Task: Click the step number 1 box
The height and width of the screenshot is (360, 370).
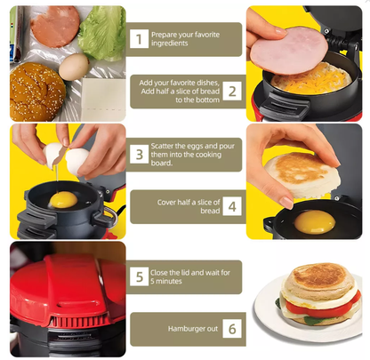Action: [139, 38]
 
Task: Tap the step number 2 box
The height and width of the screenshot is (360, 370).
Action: [231, 90]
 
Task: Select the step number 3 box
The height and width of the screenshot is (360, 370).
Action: [139, 154]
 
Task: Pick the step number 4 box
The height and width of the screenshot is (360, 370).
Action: [231, 205]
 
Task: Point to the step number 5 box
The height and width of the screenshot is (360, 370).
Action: [139, 276]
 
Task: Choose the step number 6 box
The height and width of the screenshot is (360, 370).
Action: [231, 329]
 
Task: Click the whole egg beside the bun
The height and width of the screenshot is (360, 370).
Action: [74, 66]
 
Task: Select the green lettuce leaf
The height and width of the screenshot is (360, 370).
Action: [101, 33]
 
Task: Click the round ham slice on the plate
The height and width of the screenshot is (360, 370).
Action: [55, 26]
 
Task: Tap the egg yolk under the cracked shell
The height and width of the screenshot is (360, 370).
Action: [61, 200]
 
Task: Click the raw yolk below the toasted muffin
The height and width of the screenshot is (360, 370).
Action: [314, 221]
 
